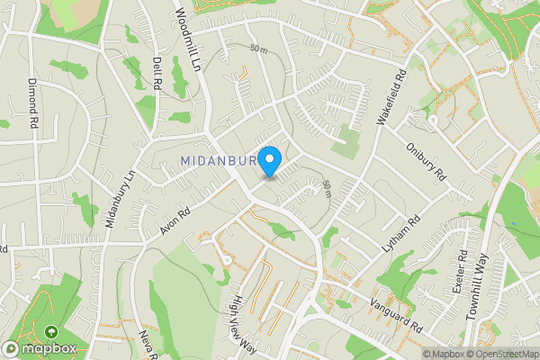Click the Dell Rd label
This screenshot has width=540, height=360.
(157, 74)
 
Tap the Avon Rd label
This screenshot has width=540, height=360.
(175, 219)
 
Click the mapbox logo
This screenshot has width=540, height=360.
(40, 348)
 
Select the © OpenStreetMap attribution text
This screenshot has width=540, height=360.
(498, 354)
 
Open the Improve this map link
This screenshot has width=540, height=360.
(534, 354)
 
